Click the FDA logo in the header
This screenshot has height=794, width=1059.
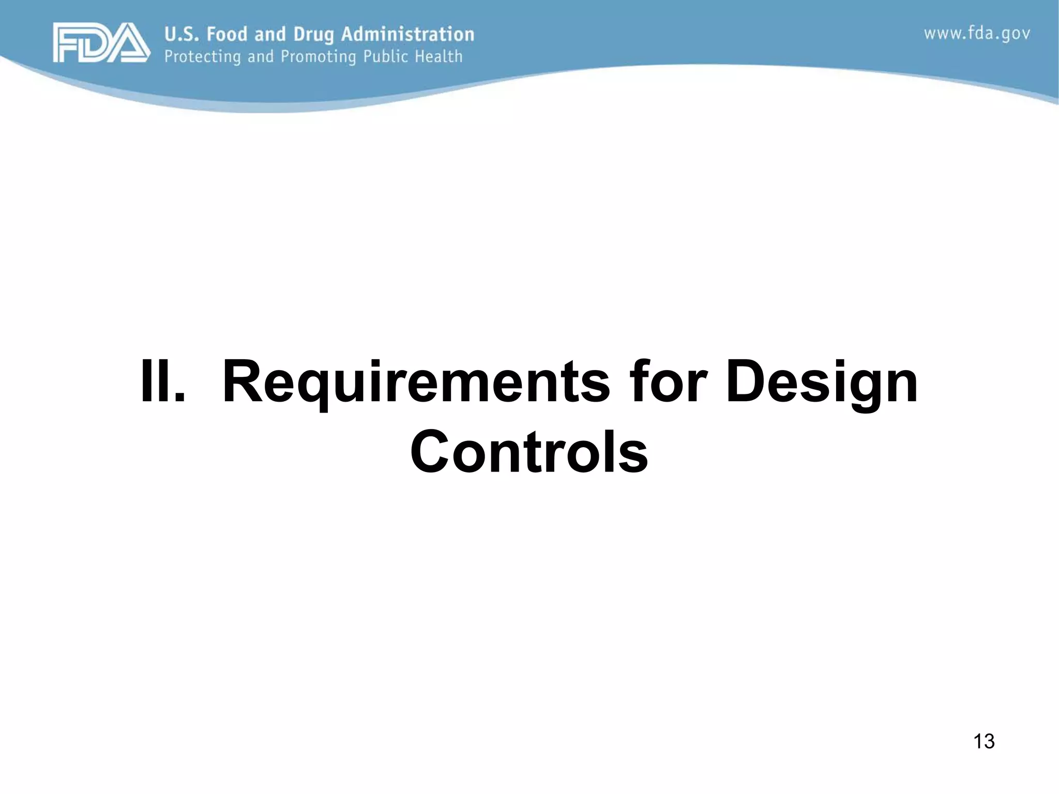101,42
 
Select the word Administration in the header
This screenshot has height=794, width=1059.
407,34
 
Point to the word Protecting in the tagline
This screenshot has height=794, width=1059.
203,56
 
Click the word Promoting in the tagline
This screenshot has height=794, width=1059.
319,56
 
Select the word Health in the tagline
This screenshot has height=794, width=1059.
438,56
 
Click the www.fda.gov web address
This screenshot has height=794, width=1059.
977,34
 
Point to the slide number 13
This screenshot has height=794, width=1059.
984,741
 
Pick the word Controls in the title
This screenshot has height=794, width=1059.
528,451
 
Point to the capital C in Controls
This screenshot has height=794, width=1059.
432,451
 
